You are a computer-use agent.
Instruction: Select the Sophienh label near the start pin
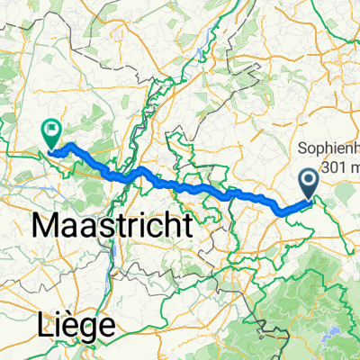click(x=328, y=148)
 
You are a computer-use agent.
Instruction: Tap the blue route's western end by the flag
click(x=52, y=154)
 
